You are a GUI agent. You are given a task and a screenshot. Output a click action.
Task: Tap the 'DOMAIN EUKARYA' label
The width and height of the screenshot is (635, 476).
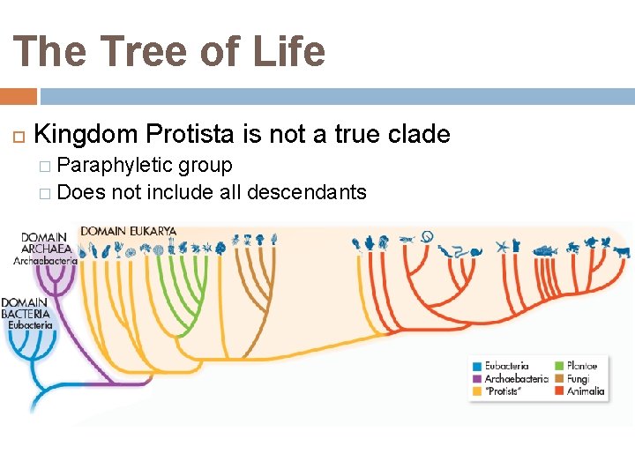(129, 232)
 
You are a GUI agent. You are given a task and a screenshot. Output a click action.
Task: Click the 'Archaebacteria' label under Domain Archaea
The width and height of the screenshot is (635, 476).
(46, 261)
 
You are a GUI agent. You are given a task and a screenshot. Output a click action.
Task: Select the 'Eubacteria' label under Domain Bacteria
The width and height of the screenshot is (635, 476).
(30, 324)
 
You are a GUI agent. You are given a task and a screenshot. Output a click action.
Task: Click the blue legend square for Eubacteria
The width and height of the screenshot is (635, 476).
(477, 365)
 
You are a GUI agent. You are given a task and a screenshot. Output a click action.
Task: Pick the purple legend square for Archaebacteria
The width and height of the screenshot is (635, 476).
(477, 378)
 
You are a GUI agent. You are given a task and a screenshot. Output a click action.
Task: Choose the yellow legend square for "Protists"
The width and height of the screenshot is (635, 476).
(477, 391)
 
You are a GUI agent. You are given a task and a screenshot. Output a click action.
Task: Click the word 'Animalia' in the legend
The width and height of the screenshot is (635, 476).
(586, 391)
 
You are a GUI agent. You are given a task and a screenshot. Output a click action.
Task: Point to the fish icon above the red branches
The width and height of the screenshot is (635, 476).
(544, 249)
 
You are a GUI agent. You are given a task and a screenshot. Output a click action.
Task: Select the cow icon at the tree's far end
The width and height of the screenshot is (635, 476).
(623, 250)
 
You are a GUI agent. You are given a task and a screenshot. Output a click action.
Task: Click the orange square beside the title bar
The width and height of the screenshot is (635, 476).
(19, 96)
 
